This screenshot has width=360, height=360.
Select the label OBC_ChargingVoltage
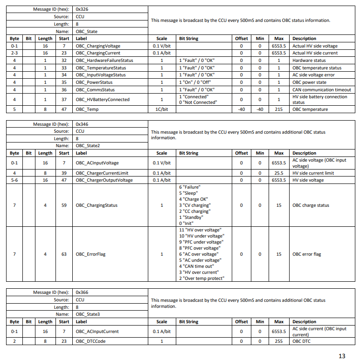click(x=97, y=46)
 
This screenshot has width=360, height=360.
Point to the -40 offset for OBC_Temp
click(x=241, y=109)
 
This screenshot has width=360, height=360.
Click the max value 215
click(x=278, y=109)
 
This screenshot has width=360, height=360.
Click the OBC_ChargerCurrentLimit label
click(x=102, y=173)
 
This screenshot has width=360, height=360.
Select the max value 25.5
click(x=278, y=173)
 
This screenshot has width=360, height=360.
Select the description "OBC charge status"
click(x=311, y=205)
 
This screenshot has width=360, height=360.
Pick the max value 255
click(x=278, y=341)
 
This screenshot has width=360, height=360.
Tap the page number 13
click(x=342, y=356)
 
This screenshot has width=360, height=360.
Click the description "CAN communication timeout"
click(x=321, y=90)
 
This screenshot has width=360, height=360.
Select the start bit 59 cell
click(x=64, y=205)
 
